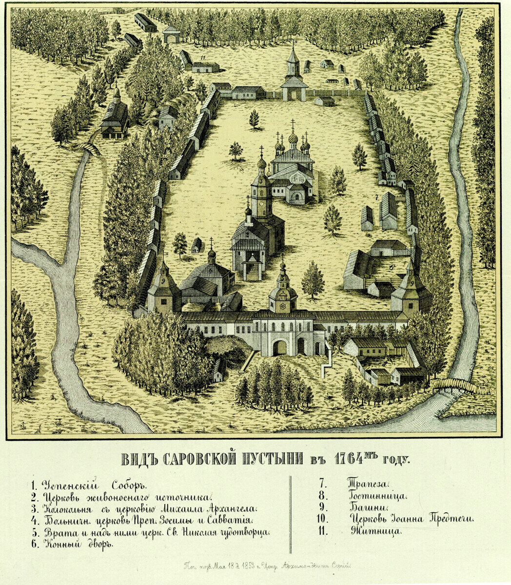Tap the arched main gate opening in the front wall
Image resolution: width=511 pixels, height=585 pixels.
pyautogui.click(x=279, y=348)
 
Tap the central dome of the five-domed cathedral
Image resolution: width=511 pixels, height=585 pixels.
pyautogui.click(x=293, y=138)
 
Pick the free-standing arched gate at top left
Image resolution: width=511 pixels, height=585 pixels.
pyautogui.click(x=171, y=35)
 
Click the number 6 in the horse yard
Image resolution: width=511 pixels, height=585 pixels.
pyautogui.click(x=392, y=267)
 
